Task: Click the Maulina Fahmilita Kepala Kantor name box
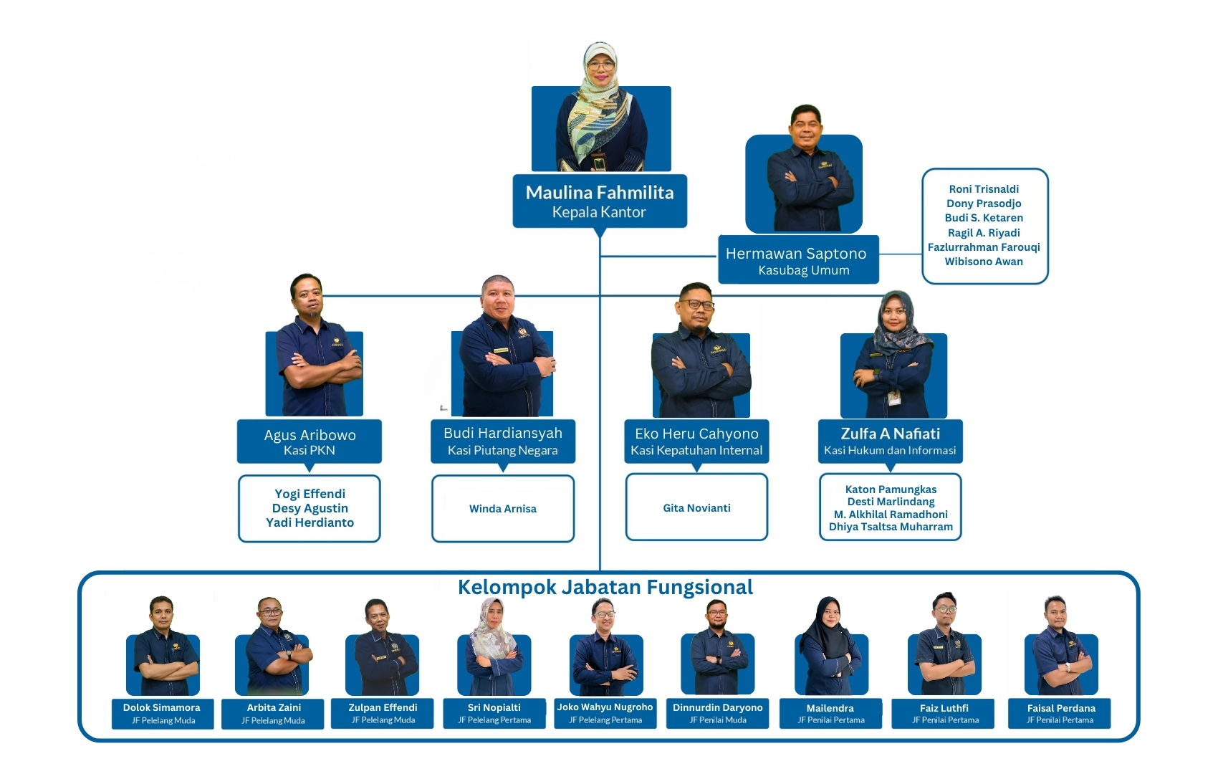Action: (x=600, y=201)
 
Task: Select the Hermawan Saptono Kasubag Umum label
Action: (x=798, y=261)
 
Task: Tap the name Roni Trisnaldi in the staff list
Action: (x=984, y=189)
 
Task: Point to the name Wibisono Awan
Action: (x=984, y=262)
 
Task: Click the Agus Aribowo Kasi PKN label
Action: (x=310, y=441)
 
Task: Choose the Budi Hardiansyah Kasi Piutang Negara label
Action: (x=503, y=441)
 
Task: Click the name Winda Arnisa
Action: (x=503, y=509)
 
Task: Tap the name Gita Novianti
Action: (x=696, y=508)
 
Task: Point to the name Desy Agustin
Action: (x=310, y=508)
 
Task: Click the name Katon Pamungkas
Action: (x=891, y=489)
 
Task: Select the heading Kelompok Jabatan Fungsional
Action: (x=605, y=588)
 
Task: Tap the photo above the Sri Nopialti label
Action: (x=494, y=649)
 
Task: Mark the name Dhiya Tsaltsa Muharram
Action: (x=891, y=527)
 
